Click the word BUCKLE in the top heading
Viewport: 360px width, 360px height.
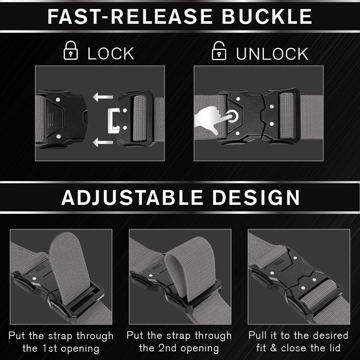pos(267,17)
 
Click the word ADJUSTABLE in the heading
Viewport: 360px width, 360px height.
pos(132,197)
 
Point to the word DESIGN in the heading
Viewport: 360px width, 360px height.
pos(256,197)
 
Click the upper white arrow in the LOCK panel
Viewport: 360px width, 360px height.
pos(103,97)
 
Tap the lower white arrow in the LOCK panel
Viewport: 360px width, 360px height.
pos(103,142)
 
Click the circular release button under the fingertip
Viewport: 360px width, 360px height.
pos(233,116)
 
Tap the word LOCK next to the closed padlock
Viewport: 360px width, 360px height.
pos(111,54)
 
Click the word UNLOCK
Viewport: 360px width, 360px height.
pos(272,54)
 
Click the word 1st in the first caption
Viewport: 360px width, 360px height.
pos(50,348)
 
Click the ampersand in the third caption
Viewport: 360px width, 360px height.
pos(273,348)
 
